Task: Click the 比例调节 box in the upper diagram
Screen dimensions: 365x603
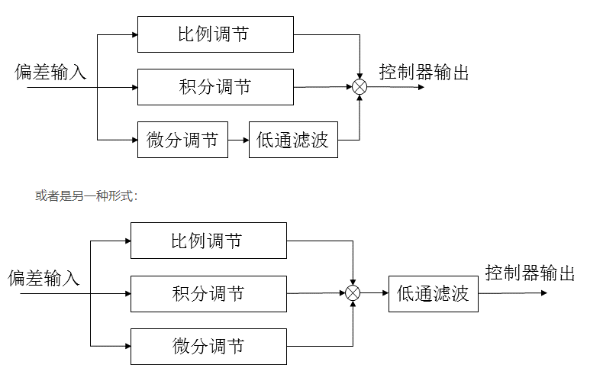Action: click(x=215, y=34)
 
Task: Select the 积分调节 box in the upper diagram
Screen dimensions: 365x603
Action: click(x=215, y=87)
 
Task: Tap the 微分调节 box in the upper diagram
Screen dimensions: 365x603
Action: click(x=182, y=140)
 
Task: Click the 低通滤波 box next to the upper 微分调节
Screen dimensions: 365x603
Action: click(x=293, y=140)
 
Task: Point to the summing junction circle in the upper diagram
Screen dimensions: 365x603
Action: click(x=360, y=87)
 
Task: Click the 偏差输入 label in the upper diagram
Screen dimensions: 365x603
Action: click(x=51, y=73)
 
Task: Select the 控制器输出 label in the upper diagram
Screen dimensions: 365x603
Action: click(x=424, y=73)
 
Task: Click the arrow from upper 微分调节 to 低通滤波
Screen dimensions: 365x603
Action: click(x=238, y=140)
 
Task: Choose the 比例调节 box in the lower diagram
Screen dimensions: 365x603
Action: click(x=208, y=241)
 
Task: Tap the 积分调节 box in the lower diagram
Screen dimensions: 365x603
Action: click(x=208, y=293)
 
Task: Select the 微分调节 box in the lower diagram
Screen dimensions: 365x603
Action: click(x=208, y=346)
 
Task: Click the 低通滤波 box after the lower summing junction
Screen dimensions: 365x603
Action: click(x=433, y=293)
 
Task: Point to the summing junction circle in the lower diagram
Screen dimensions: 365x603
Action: click(x=353, y=293)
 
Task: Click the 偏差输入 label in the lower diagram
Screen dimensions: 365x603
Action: click(x=44, y=278)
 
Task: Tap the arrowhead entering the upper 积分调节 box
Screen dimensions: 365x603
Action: click(x=133, y=87)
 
